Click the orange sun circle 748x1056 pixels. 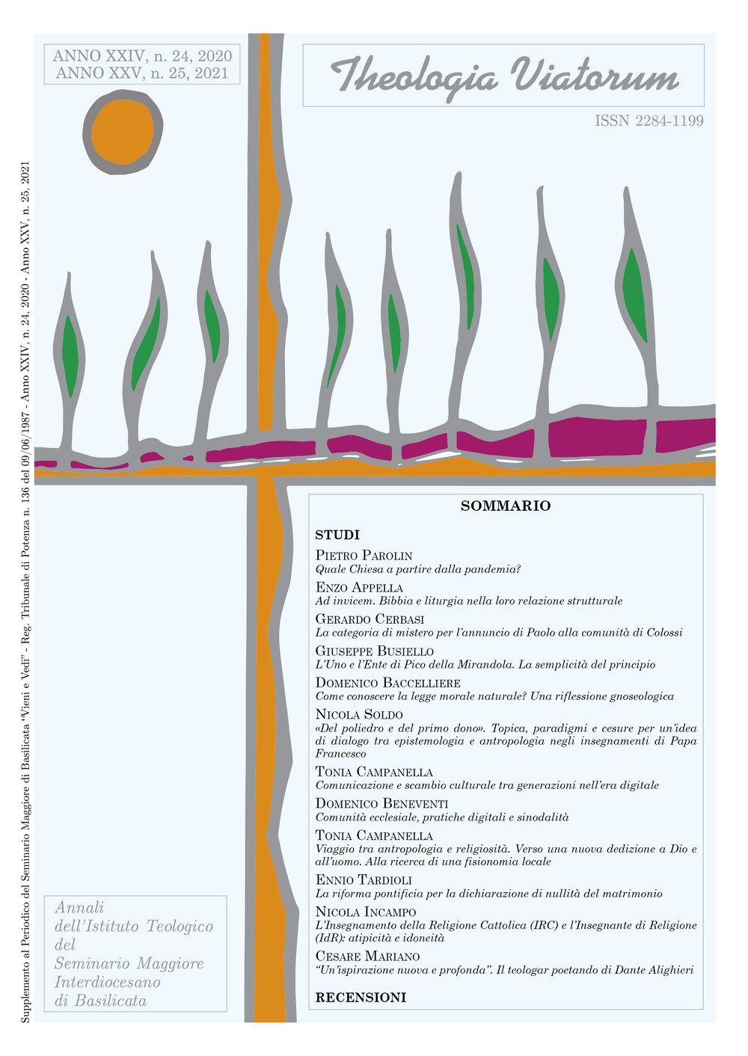[x=122, y=132]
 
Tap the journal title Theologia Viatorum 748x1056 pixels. [x=504, y=76]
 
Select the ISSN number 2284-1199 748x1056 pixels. [x=649, y=120]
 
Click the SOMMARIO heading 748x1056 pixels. [x=506, y=506]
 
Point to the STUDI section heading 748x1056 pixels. [x=337, y=535]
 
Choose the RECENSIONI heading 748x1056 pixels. [x=361, y=998]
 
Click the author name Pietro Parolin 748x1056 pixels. [x=364, y=556]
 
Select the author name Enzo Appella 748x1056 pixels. [x=359, y=588]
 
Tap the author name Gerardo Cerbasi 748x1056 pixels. [x=370, y=619]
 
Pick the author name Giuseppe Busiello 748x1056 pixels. [x=374, y=651]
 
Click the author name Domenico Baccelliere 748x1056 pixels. [x=387, y=683]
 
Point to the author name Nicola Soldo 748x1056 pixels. [x=359, y=715]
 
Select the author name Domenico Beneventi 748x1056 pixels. [x=381, y=804]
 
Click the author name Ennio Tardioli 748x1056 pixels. [x=364, y=880]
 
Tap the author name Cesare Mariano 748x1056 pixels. [x=367, y=957]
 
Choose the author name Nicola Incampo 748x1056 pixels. [x=366, y=912]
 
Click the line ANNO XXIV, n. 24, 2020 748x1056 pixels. [x=142, y=56]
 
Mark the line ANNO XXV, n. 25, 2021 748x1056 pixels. [x=142, y=73]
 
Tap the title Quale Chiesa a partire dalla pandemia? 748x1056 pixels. [x=417, y=569]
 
